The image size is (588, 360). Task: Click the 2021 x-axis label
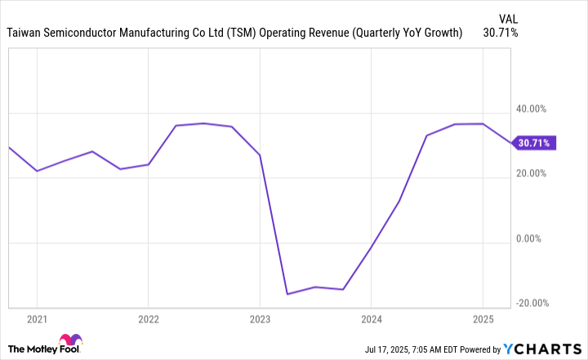pos(37,318)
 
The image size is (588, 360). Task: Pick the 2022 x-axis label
pos(148,318)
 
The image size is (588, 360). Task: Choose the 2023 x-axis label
pos(260,318)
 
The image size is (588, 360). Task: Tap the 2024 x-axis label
pos(371,318)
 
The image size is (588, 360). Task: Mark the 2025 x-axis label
pos(483,318)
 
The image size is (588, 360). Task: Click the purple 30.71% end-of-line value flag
pos(535,143)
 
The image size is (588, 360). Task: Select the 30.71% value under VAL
pos(500,33)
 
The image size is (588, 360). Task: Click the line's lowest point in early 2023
pos(287,294)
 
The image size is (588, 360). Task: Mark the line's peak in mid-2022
pos(203,123)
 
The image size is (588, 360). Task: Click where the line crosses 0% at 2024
pos(371,246)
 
